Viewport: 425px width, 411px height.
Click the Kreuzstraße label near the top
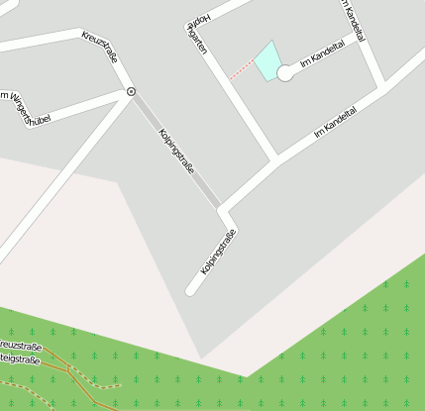101,46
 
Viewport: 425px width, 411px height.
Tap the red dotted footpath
241,70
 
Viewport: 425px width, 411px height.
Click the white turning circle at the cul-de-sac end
285,72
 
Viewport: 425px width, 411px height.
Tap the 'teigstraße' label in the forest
20,360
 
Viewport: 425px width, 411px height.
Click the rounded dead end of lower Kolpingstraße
191,289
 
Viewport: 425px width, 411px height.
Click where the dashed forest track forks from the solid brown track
68,368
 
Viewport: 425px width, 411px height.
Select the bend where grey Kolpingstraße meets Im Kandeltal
224,209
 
